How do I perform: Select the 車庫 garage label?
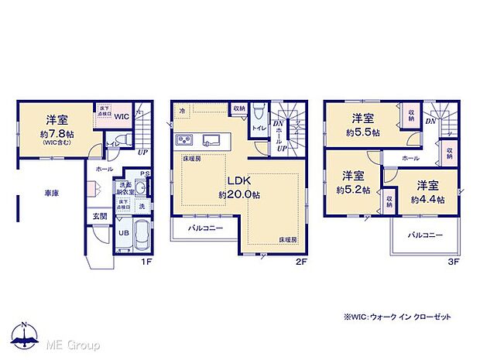pyautogui.click(x=40, y=197)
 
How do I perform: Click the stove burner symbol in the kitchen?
pyautogui.click(x=186, y=140)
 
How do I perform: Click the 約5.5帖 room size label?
pyautogui.click(x=365, y=132)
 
